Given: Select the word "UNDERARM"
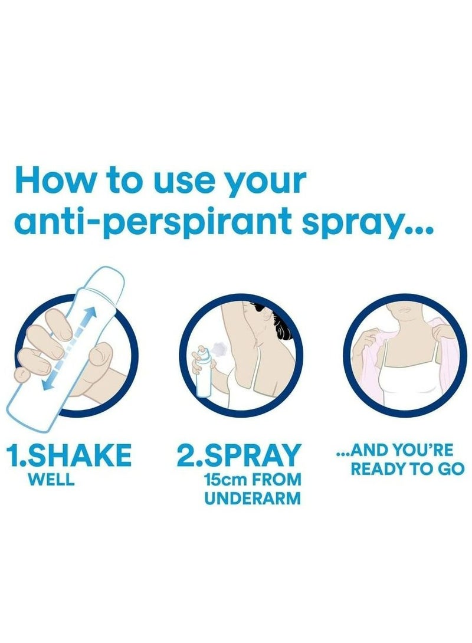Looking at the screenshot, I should [x=253, y=498].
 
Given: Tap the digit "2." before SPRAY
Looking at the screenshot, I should [x=191, y=457].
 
